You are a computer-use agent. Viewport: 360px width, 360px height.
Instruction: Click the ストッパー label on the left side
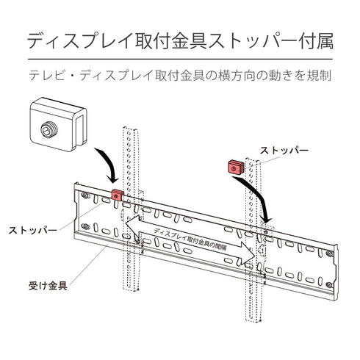click(x=32, y=231)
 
